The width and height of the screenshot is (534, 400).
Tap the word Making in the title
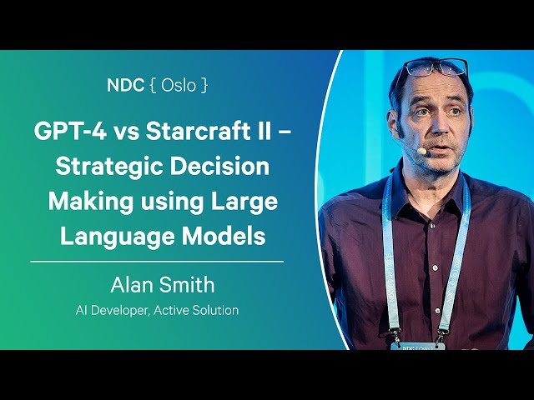[x=93, y=201]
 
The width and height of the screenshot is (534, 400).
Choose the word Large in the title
[x=244, y=201]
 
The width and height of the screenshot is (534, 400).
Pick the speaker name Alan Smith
[x=162, y=285]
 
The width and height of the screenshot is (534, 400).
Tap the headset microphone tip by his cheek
[x=422, y=152]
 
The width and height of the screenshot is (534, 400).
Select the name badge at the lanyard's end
[x=417, y=344]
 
